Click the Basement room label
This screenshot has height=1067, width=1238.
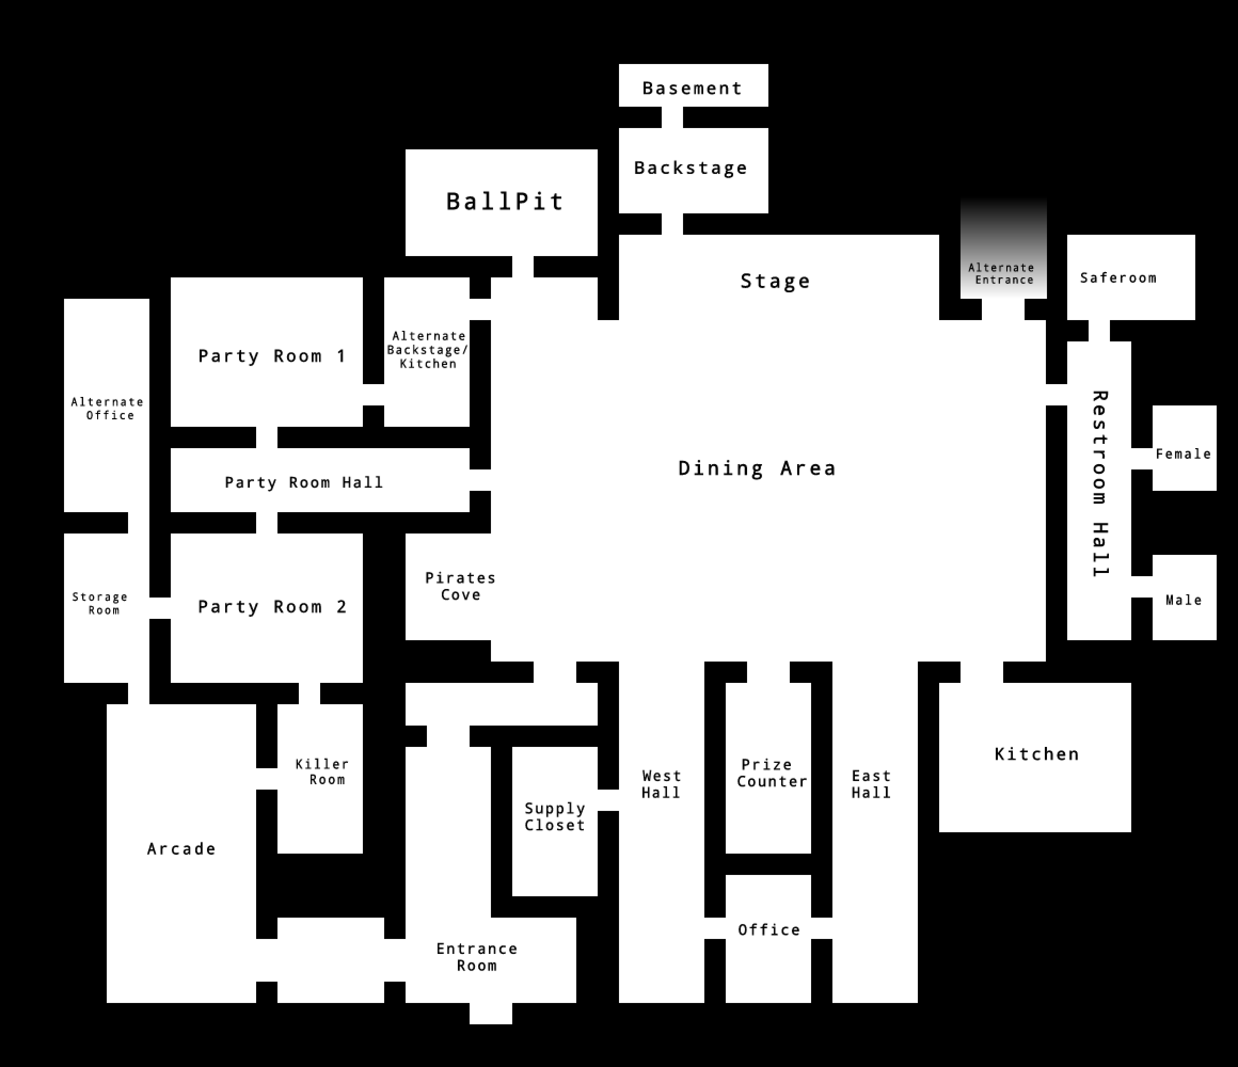(x=693, y=89)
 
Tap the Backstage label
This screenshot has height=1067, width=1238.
(x=691, y=168)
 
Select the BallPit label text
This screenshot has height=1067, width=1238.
(x=505, y=201)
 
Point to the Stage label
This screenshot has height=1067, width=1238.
(x=775, y=281)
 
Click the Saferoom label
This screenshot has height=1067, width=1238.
(x=1118, y=278)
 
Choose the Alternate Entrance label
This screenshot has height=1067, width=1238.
(x=1002, y=274)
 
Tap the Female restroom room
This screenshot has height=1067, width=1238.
(x=1184, y=448)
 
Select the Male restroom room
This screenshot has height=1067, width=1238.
(x=1184, y=598)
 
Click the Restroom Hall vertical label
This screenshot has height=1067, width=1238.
(x=1100, y=483)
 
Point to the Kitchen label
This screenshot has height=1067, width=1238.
(x=1037, y=754)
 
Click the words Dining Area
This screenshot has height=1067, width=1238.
(x=757, y=468)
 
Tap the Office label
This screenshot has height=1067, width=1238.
(x=769, y=929)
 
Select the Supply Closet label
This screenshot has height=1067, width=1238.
(x=554, y=817)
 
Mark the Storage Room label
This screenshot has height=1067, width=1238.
(x=100, y=603)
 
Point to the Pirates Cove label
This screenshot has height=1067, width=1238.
(x=460, y=586)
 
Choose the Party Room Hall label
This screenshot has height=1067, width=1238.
(x=304, y=482)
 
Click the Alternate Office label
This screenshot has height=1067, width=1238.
(x=108, y=409)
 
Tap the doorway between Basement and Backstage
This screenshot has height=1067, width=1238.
(x=672, y=117)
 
